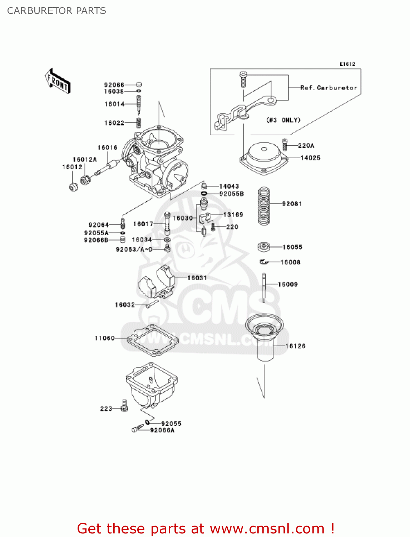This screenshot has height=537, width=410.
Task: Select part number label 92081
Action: click(x=292, y=204)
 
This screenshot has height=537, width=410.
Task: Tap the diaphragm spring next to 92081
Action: click(x=264, y=206)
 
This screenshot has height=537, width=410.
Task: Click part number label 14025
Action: click(x=310, y=158)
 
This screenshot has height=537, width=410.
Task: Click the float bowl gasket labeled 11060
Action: click(x=152, y=340)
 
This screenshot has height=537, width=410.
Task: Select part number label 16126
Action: click(x=295, y=346)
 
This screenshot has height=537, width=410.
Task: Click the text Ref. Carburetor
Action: click(x=329, y=88)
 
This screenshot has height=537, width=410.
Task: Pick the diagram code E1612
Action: click(x=347, y=64)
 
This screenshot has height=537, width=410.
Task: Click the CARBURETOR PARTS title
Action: click(x=56, y=11)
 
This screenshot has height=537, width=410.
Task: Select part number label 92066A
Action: click(x=162, y=430)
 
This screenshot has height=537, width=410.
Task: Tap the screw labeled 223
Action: click(x=124, y=406)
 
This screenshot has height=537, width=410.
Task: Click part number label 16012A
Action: click(x=85, y=159)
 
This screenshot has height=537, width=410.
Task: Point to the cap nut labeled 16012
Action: click(x=73, y=187)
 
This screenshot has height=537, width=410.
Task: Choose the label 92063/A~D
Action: click(x=134, y=249)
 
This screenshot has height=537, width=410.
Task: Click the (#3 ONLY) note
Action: click(x=283, y=120)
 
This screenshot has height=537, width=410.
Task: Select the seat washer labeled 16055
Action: click(x=264, y=247)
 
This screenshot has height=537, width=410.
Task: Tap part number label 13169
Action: click(x=233, y=215)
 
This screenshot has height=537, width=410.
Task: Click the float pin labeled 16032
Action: click(x=152, y=304)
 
